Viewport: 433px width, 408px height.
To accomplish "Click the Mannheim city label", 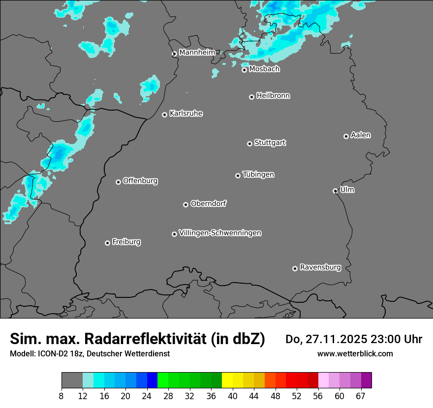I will coord(197,52).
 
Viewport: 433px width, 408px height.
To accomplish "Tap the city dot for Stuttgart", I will coord(250,144).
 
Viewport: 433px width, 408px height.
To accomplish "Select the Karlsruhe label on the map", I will coord(186,114).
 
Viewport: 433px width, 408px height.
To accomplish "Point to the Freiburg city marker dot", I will coord(107,243).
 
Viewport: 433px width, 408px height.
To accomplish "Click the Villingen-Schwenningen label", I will coord(220,233).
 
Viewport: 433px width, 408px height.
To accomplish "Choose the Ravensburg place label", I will coord(320,267).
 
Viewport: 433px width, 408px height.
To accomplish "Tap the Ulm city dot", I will coord(335,191).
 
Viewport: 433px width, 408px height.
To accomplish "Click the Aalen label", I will coord(361,135).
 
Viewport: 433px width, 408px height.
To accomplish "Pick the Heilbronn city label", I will coord(273,96).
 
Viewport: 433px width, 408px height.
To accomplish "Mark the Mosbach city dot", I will coord(244,70).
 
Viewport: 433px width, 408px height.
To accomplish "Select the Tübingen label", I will coord(258,175).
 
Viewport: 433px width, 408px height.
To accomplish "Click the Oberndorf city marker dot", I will coord(186,204).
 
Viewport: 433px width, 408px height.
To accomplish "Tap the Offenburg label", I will coord(140,181).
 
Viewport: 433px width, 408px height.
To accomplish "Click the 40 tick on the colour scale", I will coord(233,396).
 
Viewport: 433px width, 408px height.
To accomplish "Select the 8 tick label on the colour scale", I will coord(62,396).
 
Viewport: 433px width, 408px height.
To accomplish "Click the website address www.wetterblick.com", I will coord(355,353).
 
